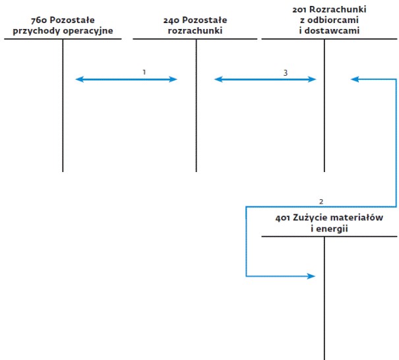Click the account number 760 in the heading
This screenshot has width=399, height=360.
[39, 20]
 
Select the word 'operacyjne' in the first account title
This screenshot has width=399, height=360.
[88, 31]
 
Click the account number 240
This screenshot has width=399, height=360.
[171, 20]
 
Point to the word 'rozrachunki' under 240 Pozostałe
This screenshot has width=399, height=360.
[195, 30]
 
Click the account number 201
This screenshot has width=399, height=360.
[299, 10]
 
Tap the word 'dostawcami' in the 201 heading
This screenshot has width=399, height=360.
[332, 30]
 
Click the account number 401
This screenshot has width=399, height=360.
[283, 218]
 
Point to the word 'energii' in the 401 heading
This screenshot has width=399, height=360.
[332, 229]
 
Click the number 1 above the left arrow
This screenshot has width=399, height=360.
[144, 73]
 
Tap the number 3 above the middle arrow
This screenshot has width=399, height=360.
[286, 73]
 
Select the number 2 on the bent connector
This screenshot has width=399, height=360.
[321, 202]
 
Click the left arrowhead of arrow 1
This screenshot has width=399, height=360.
[80, 79]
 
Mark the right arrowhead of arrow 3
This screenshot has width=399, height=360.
[312, 79]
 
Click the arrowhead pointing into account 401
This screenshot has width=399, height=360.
[311, 276]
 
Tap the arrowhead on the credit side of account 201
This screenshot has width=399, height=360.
[355, 79]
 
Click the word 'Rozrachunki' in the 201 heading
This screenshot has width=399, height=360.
[338, 10]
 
